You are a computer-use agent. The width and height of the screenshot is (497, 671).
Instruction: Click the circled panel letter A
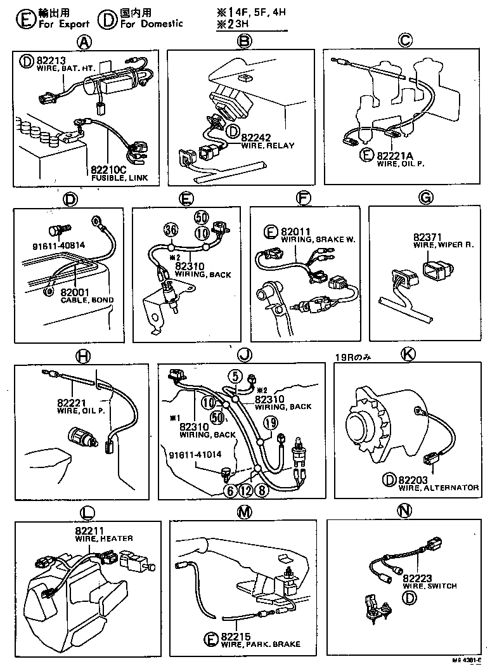point(82,42)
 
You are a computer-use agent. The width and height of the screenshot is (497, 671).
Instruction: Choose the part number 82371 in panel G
point(424,236)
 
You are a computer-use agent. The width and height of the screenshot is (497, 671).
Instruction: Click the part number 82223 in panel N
point(417,578)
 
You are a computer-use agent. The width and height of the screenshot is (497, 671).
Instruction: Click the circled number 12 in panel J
point(245,489)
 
